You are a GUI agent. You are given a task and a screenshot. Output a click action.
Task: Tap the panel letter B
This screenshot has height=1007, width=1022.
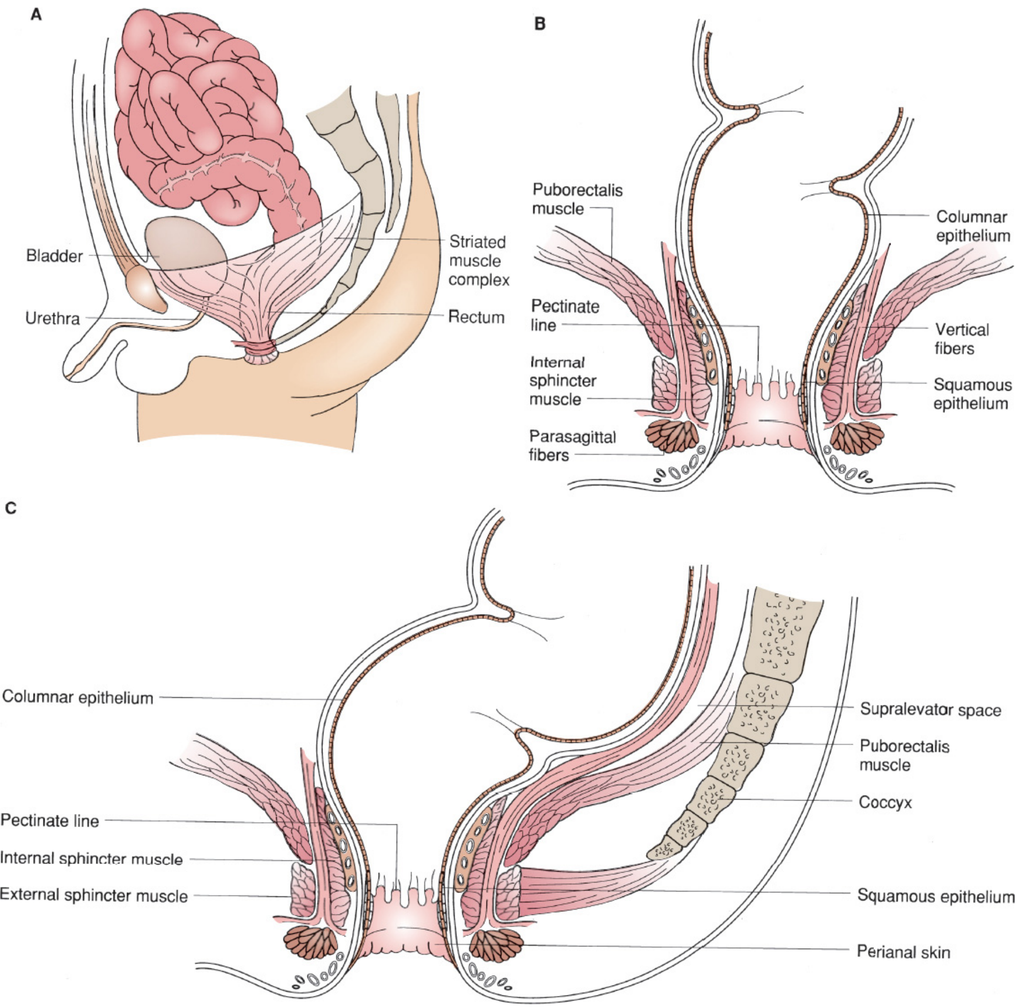coord(540,24)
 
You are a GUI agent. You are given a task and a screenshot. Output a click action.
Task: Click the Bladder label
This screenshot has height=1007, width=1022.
coord(54,256)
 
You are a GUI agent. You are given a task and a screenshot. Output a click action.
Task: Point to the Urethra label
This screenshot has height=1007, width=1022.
coord(53,318)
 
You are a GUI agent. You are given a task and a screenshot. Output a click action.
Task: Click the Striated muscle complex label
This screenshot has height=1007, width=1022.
coord(479,261)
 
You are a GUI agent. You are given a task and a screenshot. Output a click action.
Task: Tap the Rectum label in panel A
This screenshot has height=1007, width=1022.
coord(477,317)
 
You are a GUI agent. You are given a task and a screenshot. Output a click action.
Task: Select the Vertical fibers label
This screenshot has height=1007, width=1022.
coord(962,339)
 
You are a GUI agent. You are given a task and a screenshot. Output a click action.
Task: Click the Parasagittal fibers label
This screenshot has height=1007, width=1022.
coord(572,446)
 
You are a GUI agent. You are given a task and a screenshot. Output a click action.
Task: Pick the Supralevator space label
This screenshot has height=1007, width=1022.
coord(931,709)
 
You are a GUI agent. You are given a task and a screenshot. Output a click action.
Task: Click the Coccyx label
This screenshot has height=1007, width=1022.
coord(886,802)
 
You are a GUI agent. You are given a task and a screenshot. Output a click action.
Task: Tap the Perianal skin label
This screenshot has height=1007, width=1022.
coord(904,952)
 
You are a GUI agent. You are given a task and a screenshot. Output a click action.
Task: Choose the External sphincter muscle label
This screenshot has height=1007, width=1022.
coord(94,895)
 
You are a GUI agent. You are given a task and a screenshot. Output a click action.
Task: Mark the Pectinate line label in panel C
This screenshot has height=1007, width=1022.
coord(50,820)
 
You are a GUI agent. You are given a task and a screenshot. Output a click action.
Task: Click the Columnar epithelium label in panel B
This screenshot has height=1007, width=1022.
coord(973,226)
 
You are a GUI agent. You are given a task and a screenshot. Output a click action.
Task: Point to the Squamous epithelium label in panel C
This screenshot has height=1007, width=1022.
coord(936,896)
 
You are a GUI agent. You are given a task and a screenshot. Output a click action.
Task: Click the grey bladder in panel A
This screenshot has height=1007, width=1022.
coord(184,248)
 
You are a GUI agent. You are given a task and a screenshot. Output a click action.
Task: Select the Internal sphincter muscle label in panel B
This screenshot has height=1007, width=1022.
coord(562,381)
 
